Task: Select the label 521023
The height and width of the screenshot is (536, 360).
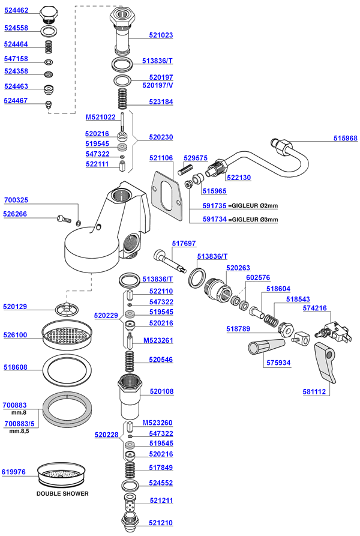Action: tap(161, 35)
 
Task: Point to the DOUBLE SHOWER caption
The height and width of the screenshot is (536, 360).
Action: tap(62, 493)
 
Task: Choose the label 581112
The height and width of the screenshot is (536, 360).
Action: tap(314, 391)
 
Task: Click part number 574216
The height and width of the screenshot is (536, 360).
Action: tap(332, 309)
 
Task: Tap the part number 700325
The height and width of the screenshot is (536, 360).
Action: tap(16, 200)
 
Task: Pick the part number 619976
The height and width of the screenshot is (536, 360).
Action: tap(16, 472)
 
